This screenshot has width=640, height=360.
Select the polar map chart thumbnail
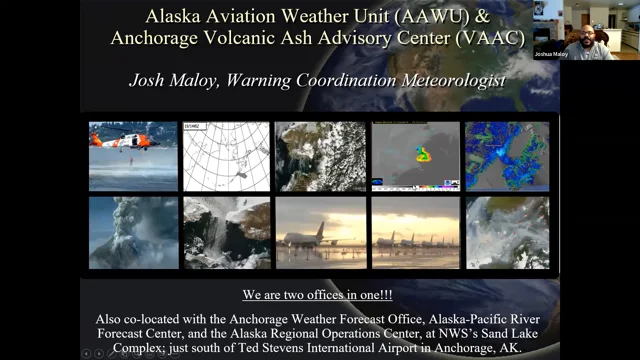click(225, 156)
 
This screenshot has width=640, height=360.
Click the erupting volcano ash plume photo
click(132, 232)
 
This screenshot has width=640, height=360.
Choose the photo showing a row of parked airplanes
click(414, 232)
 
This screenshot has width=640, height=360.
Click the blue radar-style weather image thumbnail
click(507, 156)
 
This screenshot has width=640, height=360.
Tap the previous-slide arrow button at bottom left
click(87, 353)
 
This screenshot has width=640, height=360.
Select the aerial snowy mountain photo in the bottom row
click(225, 232)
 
